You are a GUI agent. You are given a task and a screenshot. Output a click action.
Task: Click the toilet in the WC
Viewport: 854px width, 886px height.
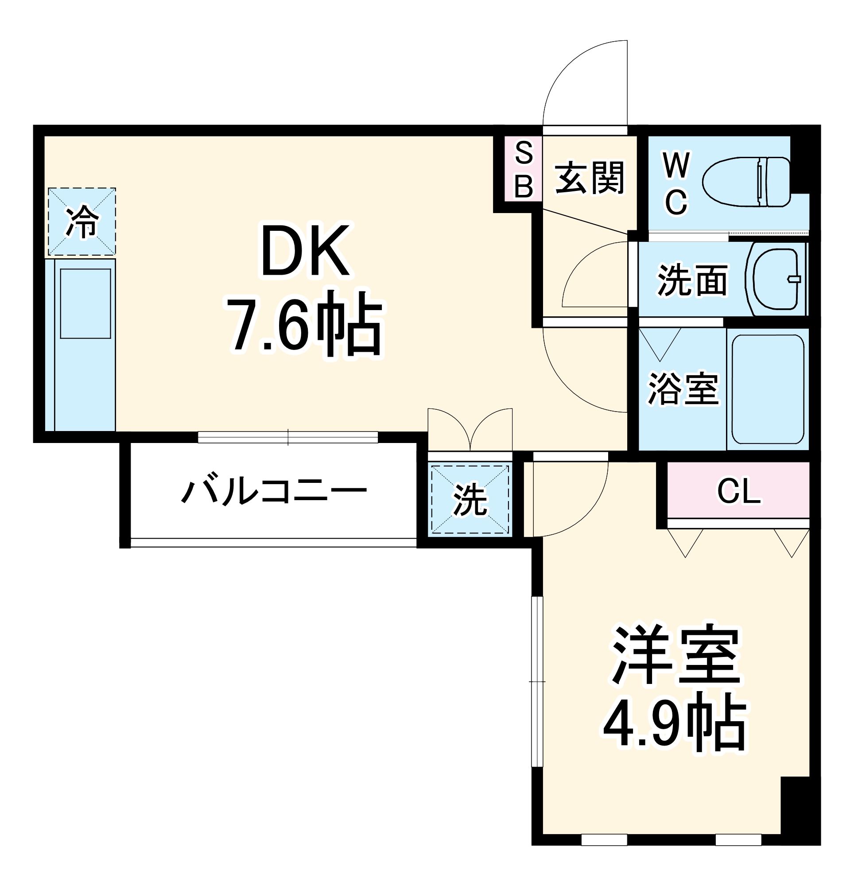[746, 182]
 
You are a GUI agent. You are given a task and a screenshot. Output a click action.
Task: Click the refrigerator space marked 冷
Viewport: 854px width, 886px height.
[82, 221]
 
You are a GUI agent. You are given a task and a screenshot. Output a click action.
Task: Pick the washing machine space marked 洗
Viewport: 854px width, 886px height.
[470, 500]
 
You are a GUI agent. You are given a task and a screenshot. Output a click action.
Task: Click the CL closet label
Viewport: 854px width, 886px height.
[739, 491]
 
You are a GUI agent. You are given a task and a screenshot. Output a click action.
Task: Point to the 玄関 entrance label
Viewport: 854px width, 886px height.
[589, 178]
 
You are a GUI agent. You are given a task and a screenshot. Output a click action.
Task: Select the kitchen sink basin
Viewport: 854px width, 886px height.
[85, 303]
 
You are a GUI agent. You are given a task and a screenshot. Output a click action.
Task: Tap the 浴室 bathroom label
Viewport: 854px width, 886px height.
[683, 389]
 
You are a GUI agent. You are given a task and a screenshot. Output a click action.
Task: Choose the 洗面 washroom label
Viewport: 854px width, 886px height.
[692, 280]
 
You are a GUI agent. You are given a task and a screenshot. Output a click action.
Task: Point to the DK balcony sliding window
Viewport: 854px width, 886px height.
[287, 437]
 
